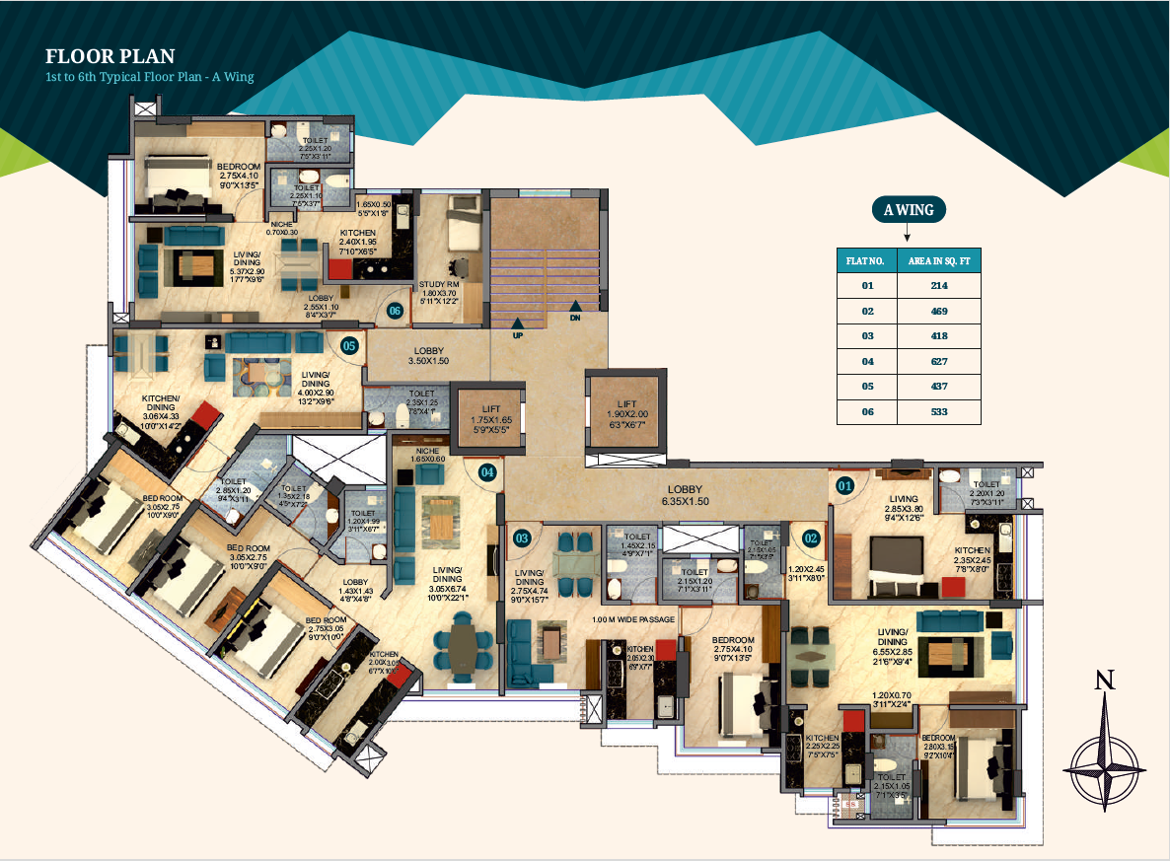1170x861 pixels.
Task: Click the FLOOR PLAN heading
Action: tap(110, 56)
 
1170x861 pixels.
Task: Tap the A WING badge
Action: tap(908, 209)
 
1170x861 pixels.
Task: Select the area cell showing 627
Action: tap(938, 361)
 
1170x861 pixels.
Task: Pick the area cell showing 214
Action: tap(938, 286)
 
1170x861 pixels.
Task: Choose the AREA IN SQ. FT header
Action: tap(938, 260)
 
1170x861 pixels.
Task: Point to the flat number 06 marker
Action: tap(396, 311)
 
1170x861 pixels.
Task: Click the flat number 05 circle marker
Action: tap(349, 346)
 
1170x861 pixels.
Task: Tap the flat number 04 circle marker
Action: tap(487, 472)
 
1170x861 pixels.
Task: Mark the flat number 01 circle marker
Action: tap(844, 485)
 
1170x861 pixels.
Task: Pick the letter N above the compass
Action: tap(1106, 680)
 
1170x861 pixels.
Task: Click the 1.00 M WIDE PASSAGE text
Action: tap(632, 619)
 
